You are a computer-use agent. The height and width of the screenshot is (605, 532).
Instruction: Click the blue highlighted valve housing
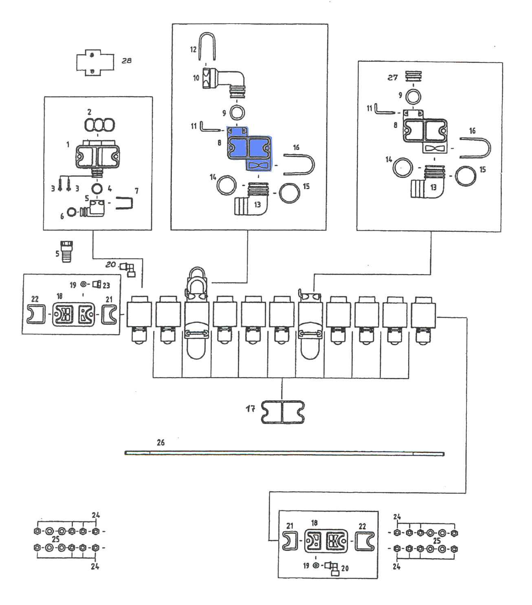tap(249, 148)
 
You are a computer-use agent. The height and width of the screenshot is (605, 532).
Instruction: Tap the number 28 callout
tap(127, 61)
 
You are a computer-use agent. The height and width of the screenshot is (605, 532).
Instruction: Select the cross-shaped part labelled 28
tap(95, 63)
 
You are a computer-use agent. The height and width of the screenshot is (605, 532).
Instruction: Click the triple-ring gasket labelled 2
tap(99, 125)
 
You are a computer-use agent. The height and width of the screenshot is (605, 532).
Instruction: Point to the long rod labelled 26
tap(284, 454)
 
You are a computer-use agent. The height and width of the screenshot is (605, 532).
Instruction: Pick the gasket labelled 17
tap(283, 412)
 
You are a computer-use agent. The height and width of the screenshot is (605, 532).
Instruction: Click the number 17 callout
tap(251, 408)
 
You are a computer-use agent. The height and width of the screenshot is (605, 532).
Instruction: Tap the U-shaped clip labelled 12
tap(207, 46)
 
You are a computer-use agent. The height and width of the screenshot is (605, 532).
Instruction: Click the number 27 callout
tap(392, 77)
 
